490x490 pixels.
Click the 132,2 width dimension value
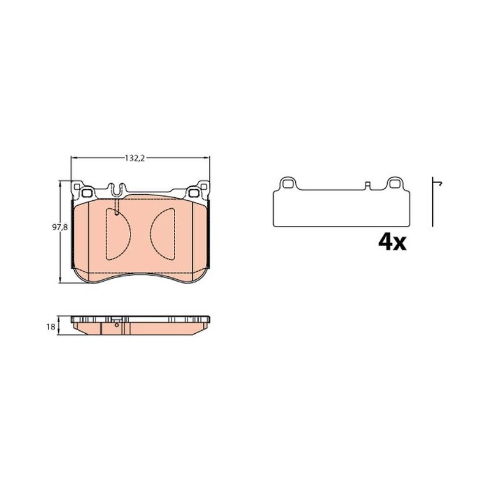click(135, 158)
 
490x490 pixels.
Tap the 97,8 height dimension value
click(59, 227)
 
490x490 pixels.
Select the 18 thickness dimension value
click(51, 327)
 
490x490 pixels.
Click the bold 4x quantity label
click(392, 242)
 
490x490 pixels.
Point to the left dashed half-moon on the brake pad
click(118, 234)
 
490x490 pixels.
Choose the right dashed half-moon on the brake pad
click(162, 234)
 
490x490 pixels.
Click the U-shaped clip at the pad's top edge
click(117, 190)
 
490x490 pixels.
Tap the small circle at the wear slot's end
click(116, 214)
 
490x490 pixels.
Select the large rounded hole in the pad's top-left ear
click(87, 193)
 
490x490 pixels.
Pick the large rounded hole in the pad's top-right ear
click(194, 193)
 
